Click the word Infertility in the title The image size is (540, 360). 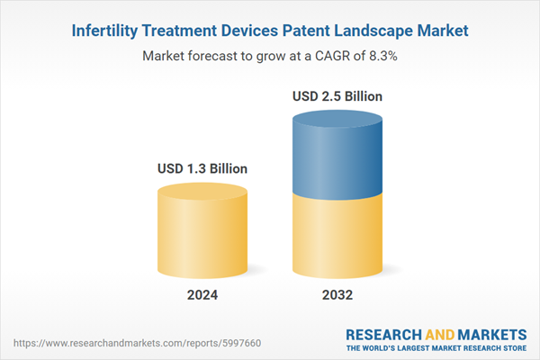click(x=104, y=31)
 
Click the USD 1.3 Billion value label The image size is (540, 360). click(x=202, y=168)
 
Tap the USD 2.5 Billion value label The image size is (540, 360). click(x=337, y=96)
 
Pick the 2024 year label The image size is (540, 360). click(x=202, y=295)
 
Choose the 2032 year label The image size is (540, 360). click(x=337, y=295)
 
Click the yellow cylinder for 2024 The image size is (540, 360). click(x=202, y=230)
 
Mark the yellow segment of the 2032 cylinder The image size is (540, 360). click(x=337, y=238)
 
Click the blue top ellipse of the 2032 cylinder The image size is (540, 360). click(x=337, y=119)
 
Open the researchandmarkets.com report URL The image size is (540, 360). click(x=137, y=343)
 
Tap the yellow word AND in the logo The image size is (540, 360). click(x=440, y=335)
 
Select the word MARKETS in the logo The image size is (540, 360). click(x=492, y=335)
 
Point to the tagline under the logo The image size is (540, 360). click(x=436, y=348)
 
